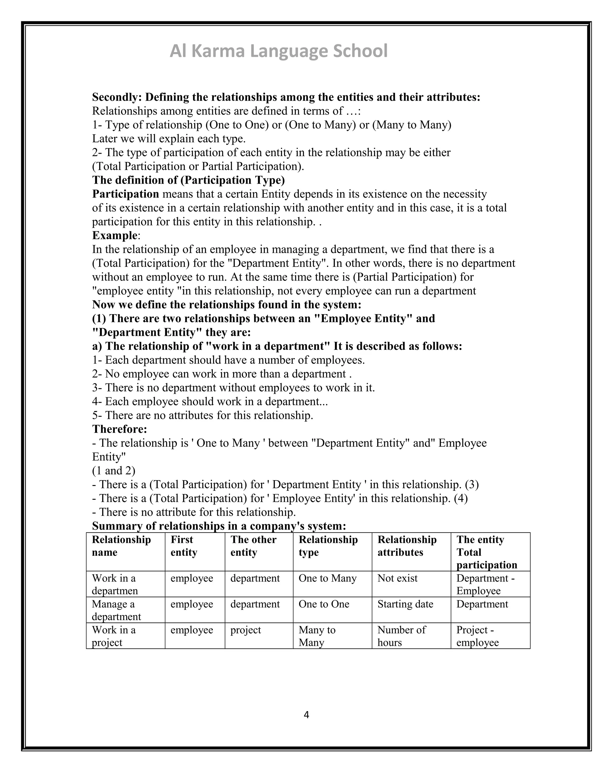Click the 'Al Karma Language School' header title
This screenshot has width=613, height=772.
(x=278, y=51)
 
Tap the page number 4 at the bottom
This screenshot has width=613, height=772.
(x=306, y=715)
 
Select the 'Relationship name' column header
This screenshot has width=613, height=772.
(x=121, y=546)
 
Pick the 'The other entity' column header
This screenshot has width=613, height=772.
(x=253, y=546)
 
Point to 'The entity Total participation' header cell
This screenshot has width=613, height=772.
(x=486, y=552)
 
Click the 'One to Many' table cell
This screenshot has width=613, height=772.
(x=327, y=578)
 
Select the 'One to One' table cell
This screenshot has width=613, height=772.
(x=324, y=604)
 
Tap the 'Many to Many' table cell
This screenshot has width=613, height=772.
(x=317, y=636)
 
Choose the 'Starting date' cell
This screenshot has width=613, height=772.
(x=405, y=604)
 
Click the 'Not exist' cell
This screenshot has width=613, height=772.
(x=397, y=578)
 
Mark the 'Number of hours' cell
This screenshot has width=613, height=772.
(x=401, y=636)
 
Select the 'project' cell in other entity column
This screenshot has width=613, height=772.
(x=245, y=629)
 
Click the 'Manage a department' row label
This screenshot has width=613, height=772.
(x=116, y=610)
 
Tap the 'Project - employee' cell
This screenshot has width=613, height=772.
(x=477, y=636)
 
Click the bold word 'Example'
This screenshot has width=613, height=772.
(x=115, y=235)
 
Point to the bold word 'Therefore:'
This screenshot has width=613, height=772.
(x=119, y=429)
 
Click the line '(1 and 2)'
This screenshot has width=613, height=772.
(x=113, y=470)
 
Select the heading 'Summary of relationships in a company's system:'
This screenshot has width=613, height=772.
(x=219, y=526)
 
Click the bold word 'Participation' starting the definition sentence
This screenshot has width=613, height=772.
(x=125, y=194)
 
